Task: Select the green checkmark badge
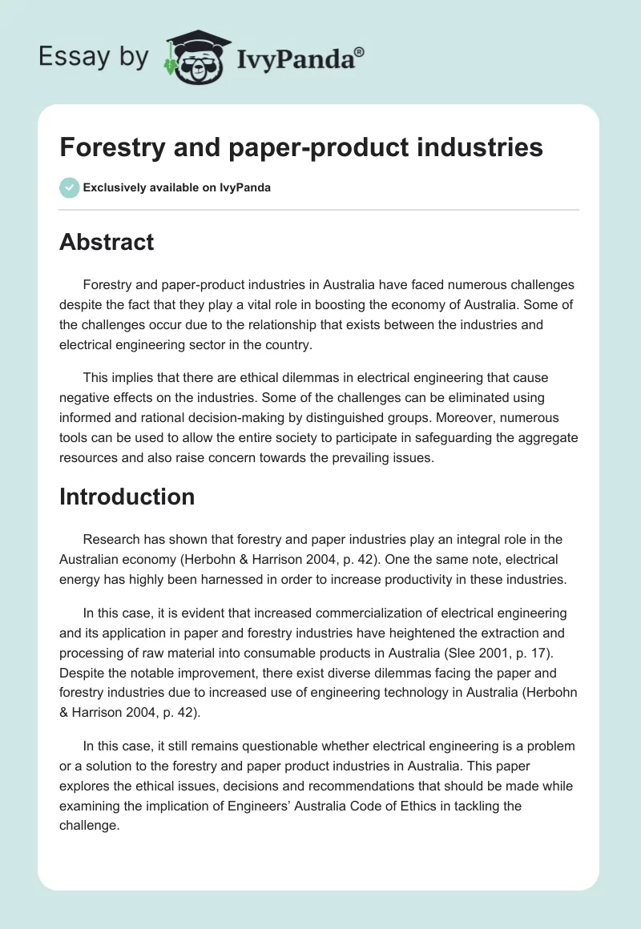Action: click(x=69, y=187)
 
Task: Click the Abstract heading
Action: click(x=107, y=242)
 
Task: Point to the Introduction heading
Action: click(x=127, y=497)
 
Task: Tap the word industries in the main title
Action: click(x=473, y=148)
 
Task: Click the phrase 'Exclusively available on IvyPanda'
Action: click(x=176, y=187)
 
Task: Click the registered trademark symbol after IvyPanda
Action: click(x=360, y=50)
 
